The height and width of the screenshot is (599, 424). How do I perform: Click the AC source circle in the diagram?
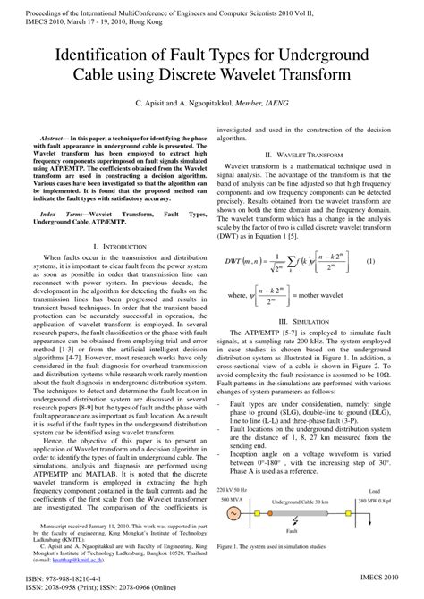(x=234, y=512)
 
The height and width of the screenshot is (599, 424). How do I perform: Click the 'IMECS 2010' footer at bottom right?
(x=388, y=581)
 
